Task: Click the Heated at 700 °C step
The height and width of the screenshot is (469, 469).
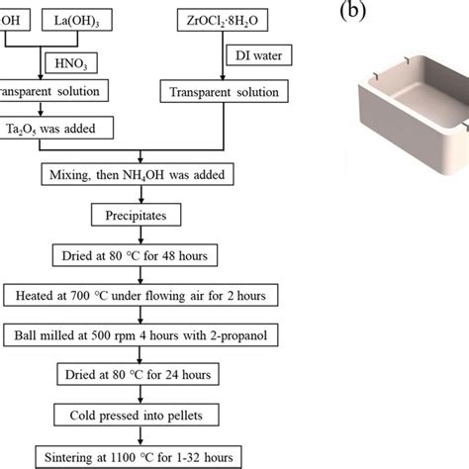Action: [139, 295]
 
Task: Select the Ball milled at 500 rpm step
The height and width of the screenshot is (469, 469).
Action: [139, 334]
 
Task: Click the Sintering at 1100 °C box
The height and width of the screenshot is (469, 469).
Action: [139, 457]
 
